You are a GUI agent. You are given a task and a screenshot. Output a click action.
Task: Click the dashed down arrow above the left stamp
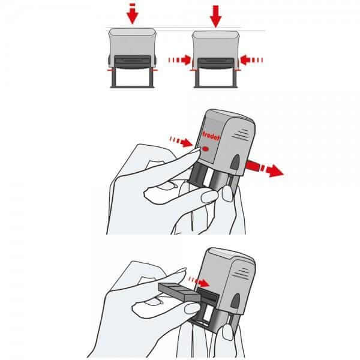133,13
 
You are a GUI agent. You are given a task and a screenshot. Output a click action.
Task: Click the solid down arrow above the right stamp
215,15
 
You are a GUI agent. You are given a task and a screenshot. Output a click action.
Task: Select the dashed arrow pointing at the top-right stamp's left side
179,59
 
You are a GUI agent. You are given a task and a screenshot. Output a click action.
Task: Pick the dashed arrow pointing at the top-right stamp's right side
252,59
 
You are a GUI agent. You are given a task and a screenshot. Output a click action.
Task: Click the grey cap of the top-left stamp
133,42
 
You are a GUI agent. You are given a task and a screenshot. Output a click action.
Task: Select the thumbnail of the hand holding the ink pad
192,310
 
